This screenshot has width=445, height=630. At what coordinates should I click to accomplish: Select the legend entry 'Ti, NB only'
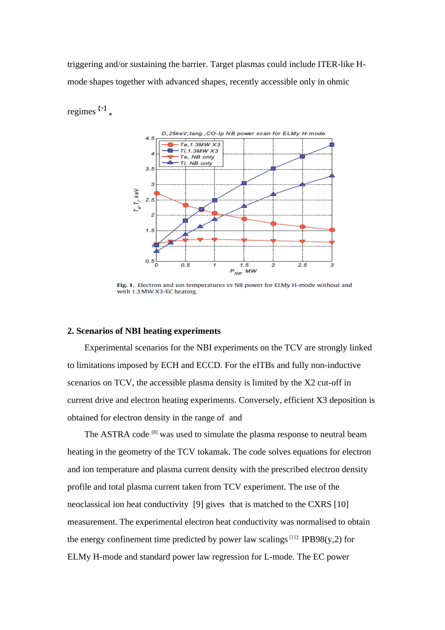(196, 163)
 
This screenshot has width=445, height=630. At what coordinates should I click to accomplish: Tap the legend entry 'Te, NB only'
(197, 157)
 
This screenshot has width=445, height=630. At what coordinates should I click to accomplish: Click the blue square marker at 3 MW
(332, 145)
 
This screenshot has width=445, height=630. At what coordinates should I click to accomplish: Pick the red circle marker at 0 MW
(157, 193)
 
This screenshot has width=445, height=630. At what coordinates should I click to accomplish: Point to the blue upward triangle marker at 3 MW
(332, 175)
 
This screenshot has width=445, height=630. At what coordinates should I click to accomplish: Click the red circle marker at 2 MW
(274, 224)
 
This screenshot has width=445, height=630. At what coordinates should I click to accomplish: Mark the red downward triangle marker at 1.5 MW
(244, 240)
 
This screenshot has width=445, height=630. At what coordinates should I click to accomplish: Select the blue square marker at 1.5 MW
(244, 183)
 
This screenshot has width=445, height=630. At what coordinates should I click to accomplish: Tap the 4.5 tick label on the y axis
(150, 138)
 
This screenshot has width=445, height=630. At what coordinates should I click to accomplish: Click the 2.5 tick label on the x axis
(303, 265)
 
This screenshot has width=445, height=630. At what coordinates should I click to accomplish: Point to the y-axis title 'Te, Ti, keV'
(136, 200)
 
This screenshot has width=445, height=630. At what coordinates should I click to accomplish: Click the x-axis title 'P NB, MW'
(244, 271)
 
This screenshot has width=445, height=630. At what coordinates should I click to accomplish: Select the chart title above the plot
(243, 134)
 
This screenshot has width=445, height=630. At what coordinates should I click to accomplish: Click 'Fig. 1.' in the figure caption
(126, 285)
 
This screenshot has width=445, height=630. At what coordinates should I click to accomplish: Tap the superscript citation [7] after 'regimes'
(102, 109)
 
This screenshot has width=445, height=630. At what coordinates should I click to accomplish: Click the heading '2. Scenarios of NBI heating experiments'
(144, 331)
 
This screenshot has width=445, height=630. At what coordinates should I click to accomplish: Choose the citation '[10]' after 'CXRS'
(341, 504)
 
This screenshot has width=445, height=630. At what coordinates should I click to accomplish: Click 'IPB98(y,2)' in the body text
(322, 540)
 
